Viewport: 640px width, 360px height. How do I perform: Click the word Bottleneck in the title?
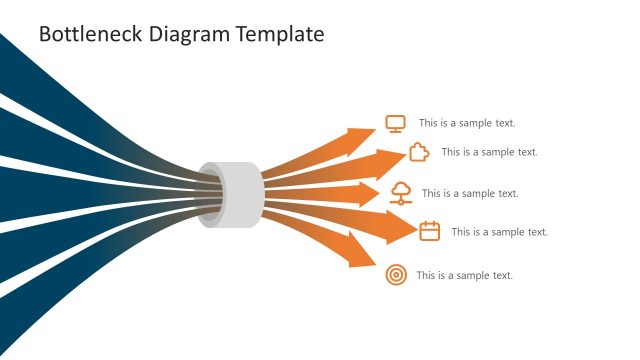pos(89,34)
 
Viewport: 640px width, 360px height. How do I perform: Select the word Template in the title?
pos(281,34)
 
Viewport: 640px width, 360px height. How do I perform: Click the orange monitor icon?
pos(395,123)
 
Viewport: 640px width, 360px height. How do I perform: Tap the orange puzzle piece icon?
pos(419,152)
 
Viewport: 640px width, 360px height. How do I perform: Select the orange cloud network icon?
pos(400,192)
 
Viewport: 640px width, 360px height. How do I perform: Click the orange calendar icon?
pos(430,231)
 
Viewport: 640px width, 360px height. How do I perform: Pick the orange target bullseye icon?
pos(396,275)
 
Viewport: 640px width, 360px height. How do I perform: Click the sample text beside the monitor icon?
pos(467,123)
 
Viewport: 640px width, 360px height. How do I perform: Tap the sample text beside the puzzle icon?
pos(489,152)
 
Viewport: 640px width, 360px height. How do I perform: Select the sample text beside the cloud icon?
pos(470,193)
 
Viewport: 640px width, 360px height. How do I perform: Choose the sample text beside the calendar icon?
pos(499,232)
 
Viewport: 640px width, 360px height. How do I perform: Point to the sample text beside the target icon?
pos(464,275)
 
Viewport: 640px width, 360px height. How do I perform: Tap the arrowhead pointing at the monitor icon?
pos(362,134)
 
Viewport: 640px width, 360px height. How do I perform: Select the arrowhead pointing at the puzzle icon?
pos(390,158)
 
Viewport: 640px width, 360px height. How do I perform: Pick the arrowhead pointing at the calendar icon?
pos(401,228)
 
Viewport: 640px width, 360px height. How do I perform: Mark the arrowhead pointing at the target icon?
pos(361,254)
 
